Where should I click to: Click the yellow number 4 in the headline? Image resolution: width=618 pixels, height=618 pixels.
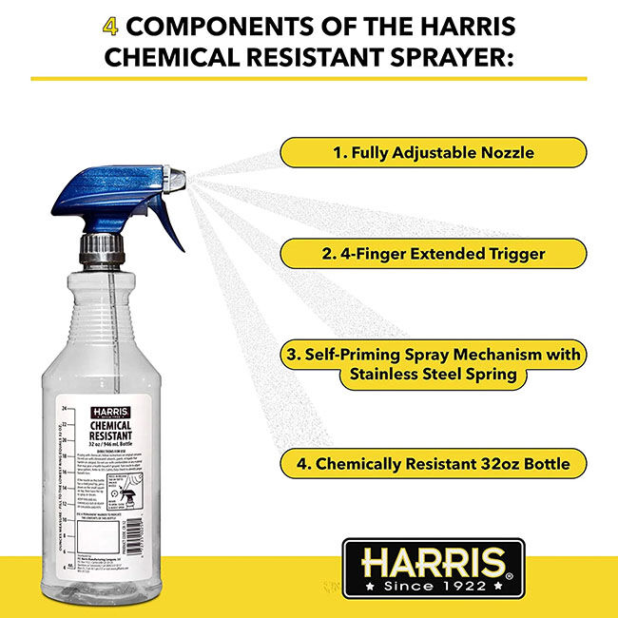pyautogui.click(x=111, y=23)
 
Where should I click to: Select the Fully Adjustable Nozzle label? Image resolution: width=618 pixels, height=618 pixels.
pyautogui.click(x=433, y=152)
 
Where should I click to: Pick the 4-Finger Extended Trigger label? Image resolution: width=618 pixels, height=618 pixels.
pyautogui.click(x=433, y=254)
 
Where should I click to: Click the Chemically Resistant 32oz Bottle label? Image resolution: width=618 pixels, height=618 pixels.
pyautogui.click(x=433, y=464)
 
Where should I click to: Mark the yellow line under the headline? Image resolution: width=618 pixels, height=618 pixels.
pyautogui.click(x=309, y=78)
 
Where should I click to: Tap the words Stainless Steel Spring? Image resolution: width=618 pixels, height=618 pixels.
pyautogui.click(x=433, y=375)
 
